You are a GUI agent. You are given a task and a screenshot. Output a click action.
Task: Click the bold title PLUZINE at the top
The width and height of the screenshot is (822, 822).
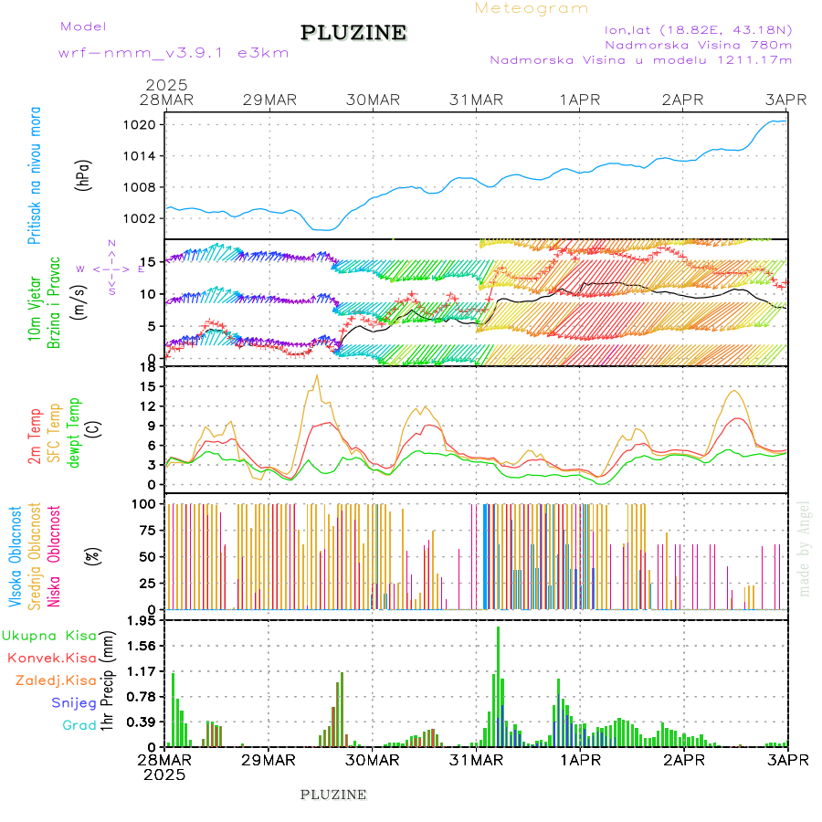tap(353, 33)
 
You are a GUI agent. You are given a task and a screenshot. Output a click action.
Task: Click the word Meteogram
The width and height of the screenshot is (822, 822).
tap(532, 8)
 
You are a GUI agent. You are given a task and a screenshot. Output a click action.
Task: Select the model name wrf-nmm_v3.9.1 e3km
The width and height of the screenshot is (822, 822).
tap(174, 52)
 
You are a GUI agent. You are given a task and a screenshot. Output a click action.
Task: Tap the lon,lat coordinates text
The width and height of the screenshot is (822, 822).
tap(691, 28)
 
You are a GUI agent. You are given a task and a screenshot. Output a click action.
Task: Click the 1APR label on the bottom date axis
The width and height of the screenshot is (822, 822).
tap(580, 760)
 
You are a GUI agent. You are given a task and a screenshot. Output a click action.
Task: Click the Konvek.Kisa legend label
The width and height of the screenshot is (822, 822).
tap(52, 658)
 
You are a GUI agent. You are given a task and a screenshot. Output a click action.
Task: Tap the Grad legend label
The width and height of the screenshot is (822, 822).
tap(79, 725)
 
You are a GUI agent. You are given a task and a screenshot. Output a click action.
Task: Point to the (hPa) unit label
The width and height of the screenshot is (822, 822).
tap(84, 174)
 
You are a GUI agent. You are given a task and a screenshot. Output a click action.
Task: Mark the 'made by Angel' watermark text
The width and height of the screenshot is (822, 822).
tap(805, 548)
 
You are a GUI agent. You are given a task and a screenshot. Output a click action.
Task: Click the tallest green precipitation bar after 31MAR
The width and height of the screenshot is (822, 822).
tap(498, 685)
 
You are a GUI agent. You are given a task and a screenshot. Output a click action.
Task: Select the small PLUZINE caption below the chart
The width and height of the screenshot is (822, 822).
tap(333, 795)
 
